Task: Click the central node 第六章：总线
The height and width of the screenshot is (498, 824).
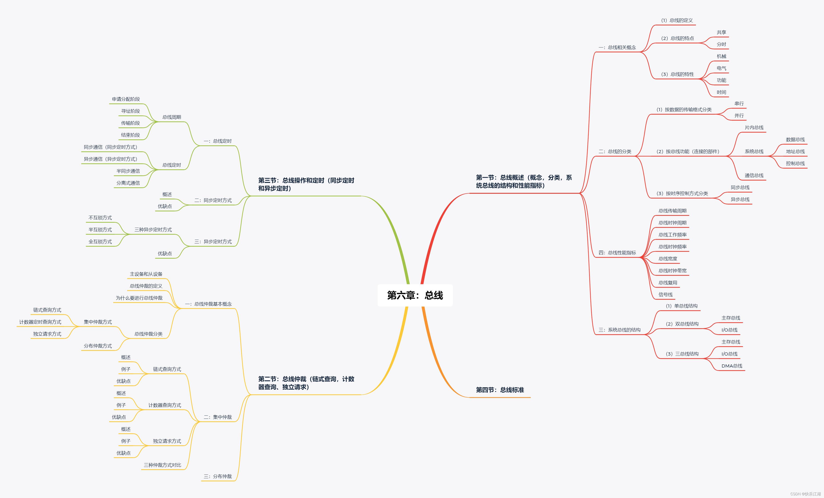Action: (x=415, y=295)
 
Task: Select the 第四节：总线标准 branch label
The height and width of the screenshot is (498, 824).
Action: (x=500, y=390)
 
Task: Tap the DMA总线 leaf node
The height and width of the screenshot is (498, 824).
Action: (x=732, y=366)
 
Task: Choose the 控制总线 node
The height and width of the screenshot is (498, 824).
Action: (x=795, y=163)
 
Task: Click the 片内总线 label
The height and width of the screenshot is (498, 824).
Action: (x=754, y=128)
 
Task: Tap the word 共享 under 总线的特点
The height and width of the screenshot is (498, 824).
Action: (x=721, y=32)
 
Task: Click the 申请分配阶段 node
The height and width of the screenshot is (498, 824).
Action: (x=126, y=99)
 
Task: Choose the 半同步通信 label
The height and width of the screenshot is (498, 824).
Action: (x=128, y=171)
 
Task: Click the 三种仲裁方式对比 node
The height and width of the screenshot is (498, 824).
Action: (x=162, y=465)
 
